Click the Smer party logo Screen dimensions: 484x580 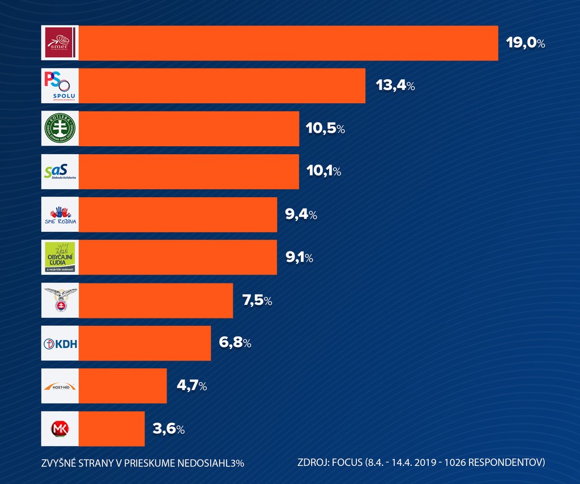pos(59,43)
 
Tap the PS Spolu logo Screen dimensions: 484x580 pos(59,86)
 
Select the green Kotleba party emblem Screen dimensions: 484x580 pos(59,129)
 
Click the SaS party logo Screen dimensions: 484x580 pos(59,171)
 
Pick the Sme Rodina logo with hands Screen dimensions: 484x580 pos(59,214)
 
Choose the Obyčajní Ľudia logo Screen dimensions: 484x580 pos(59,257)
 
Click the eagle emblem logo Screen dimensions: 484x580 pos(59,300)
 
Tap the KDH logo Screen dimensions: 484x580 pos(59,343)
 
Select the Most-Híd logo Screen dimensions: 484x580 pos(59,386)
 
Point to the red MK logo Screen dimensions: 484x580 pos(59,428)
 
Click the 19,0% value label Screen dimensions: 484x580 pos(526,43)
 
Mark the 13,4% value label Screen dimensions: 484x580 pos(395,86)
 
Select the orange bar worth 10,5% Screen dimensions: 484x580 pos(189,129)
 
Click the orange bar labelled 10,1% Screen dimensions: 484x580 pos(189,171)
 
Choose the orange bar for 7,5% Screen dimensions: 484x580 pos(156,300)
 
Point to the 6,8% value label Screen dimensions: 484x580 pos(234,343)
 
